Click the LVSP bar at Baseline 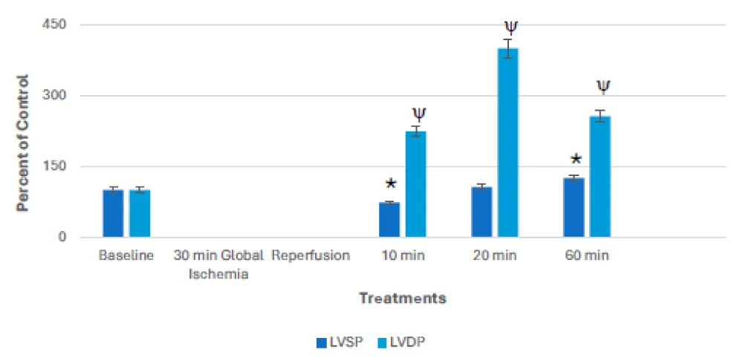click(x=113, y=214)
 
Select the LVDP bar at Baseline click(x=140, y=214)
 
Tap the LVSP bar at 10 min click(x=389, y=221)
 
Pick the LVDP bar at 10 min click(x=416, y=185)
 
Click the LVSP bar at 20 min click(x=481, y=212)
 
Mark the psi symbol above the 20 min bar click(x=510, y=27)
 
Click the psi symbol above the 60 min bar click(x=603, y=87)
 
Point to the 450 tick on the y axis click(x=56, y=25)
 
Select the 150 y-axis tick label click(x=56, y=167)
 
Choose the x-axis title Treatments click(x=403, y=299)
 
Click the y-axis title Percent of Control click(x=24, y=143)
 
